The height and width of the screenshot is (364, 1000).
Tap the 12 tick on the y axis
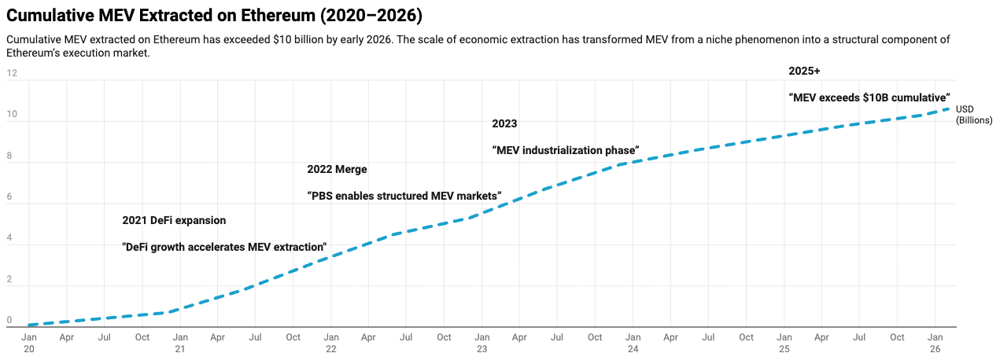point(12,73)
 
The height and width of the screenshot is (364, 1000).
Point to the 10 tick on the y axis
point(12,115)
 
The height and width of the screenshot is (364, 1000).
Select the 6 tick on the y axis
point(12,197)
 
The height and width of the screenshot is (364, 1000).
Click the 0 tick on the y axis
point(9,320)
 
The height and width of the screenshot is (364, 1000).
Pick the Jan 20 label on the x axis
point(29,342)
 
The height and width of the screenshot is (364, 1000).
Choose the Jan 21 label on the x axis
point(180,342)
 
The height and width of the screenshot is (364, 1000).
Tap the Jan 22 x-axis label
point(331,342)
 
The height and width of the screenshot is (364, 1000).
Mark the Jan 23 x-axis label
point(482,342)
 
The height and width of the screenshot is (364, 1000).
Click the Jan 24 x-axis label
point(633,342)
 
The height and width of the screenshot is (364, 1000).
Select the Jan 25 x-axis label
point(784,342)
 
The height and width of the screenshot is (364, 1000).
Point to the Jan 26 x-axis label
point(935,342)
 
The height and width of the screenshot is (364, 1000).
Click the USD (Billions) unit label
point(974,115)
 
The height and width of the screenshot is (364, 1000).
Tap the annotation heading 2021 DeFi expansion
point(174,220)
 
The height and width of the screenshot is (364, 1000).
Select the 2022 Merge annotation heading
point(337,169)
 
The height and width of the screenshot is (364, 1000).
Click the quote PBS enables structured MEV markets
point(404,195)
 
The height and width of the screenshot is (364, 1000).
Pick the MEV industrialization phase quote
point(565,149)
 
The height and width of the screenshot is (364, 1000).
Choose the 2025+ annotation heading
point(804,71)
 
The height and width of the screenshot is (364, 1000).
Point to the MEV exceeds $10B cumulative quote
point(869,97)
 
